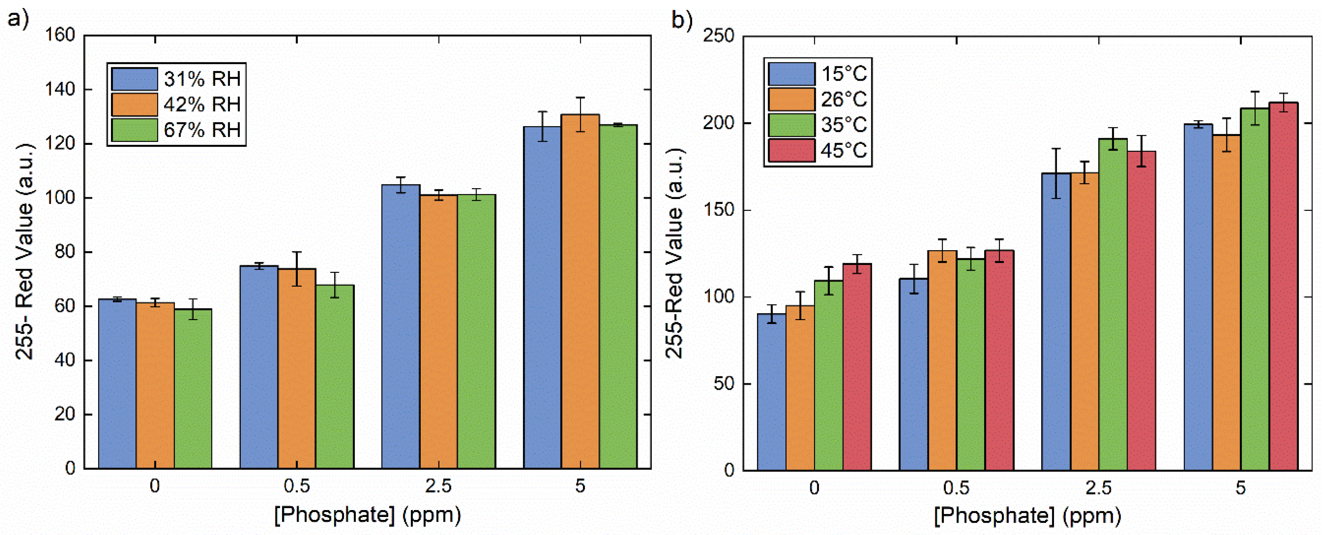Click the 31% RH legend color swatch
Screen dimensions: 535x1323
[x=134, y=79]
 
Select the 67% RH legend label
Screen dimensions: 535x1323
[x=202, y=130]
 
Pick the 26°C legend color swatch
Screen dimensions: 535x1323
[x=791, y=99]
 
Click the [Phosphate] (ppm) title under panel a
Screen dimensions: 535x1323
[x=367, y=514]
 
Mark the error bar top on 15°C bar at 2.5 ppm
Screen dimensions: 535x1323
[x=1056, y=149]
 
